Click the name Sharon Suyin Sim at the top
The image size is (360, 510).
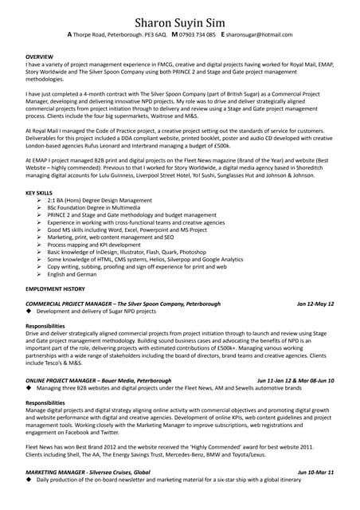coord(180,20)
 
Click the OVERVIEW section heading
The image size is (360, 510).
coord(39,58)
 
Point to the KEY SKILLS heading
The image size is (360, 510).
coord(40,193)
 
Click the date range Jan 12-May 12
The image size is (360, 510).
coord(315,304)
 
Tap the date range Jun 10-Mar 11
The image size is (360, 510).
coord(315,473)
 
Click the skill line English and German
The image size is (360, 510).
coord(72,274)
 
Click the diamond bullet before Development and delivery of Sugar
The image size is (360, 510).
coord(29,312)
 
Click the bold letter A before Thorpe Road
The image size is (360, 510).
coord(69,35)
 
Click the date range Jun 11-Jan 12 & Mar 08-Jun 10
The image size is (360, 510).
coord(295,380)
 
